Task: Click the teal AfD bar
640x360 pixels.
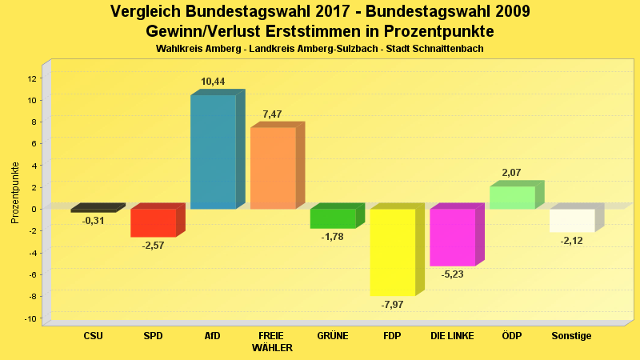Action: point(213,152)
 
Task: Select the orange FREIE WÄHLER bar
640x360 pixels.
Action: point(273,168)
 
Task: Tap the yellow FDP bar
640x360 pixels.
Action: point(392,252)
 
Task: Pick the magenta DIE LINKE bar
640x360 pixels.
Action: point(452,238)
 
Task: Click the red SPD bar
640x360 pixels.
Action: point(153,222)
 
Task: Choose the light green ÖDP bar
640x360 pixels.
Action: point(512,198)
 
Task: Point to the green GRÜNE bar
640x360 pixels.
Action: point(332,218)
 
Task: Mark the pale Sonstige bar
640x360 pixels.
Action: point(572,220)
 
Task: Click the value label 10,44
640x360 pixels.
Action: point(213,82)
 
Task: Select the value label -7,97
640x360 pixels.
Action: point(393,305)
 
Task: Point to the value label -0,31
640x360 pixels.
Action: point(94,221)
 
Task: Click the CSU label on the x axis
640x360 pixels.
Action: point(93,336)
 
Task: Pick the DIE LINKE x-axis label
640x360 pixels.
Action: point(453,336)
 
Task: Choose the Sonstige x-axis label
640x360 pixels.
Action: point(572,336)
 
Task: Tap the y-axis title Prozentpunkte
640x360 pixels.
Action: point(15,192)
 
